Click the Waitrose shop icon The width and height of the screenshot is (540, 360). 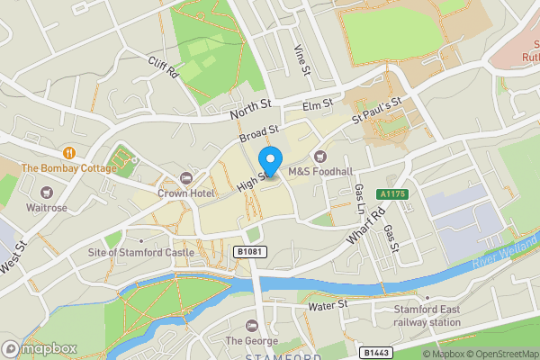click(46, 192)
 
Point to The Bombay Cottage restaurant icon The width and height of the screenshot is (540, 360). click(69, 153)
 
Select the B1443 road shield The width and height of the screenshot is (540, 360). click(379, 352)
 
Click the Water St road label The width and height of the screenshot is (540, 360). click(328, 305)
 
